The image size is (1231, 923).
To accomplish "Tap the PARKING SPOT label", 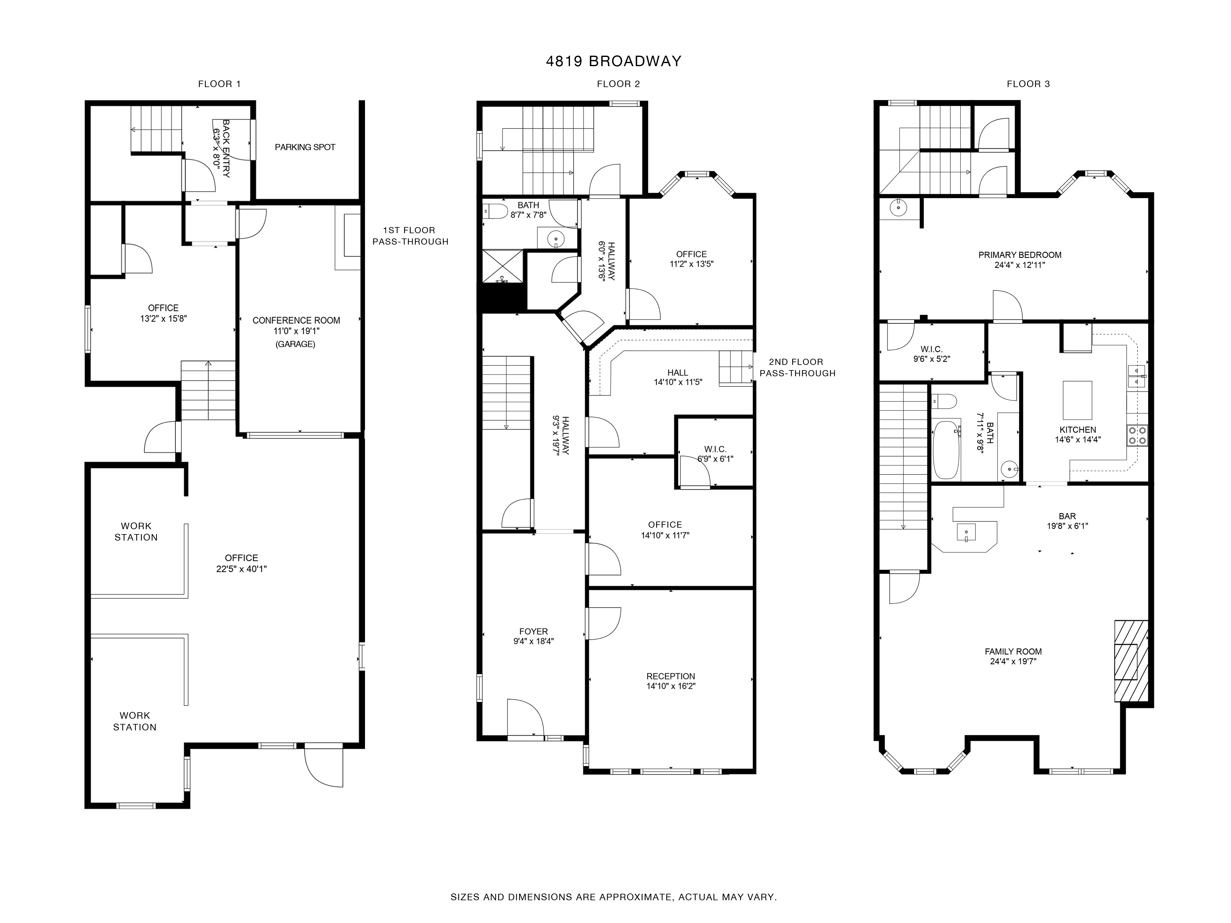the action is [x=305, y=147].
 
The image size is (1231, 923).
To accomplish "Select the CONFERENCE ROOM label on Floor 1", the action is [x=296, y=321].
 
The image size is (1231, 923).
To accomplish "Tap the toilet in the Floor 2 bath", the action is [x=495, y=211].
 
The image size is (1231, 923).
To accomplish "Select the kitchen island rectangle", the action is [x=1077, y=400].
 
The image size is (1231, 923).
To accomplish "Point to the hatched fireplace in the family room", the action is [x=1131, y=661].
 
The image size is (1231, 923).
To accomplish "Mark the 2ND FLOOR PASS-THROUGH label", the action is [x=797, y=368].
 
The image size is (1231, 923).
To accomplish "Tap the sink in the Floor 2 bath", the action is [x=555, y=240].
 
